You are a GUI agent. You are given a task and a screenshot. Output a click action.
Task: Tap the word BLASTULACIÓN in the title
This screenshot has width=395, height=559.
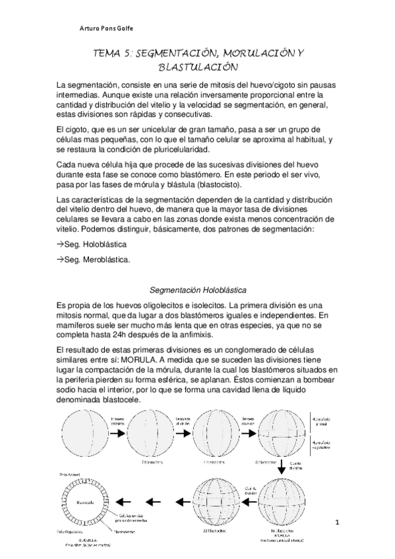pos(197,67)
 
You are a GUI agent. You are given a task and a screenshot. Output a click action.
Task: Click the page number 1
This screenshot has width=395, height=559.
pos(336,523)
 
